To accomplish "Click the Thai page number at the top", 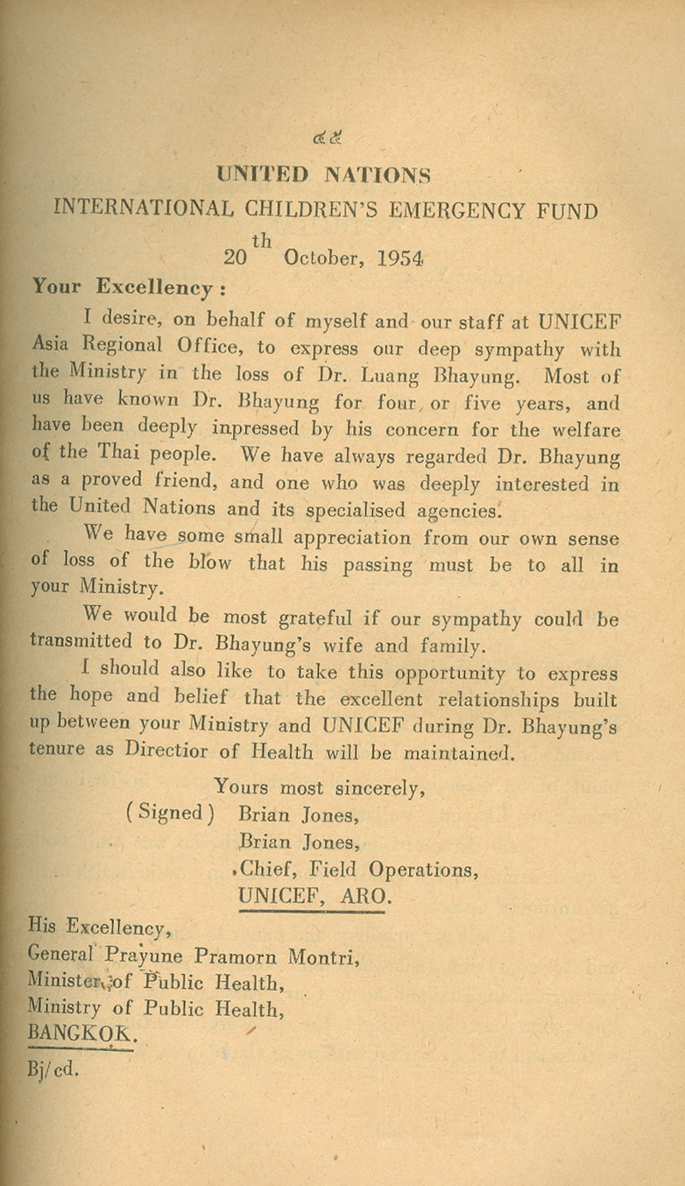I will click(328, 137).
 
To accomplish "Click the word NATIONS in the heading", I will click(378, 174).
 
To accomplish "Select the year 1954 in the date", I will click(401, 258).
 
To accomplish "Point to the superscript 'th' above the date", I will click(261, 239).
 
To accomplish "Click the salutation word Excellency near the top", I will click(154, 287).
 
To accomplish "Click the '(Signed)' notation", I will click(170, 813).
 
